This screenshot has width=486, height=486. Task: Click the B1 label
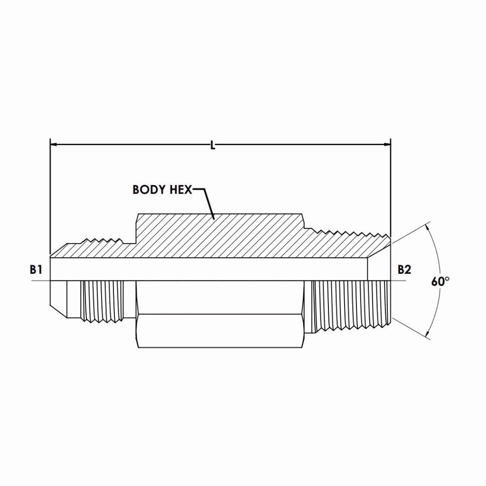click(x=36, y=270)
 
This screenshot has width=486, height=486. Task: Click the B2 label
click(x=404, y=270)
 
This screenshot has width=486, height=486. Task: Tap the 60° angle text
click(x=440, y=281)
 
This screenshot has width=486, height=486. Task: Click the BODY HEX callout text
click(x=162, y=190)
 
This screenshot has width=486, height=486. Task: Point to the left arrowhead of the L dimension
click(x=54, y=143)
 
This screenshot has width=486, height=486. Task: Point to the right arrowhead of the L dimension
click(x=387, y=143)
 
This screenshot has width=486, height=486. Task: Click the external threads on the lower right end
click(x=351, y=304)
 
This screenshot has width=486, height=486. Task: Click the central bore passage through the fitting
click(x=209, y=270)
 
